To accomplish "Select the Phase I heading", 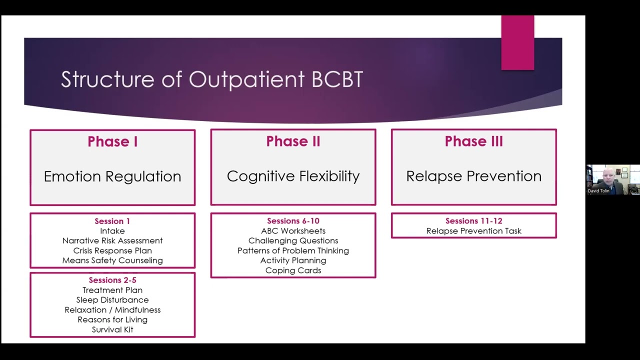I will (112, 141).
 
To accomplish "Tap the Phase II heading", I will (293, 141).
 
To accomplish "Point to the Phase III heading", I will (473, 141).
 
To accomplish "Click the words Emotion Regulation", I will (112, 176).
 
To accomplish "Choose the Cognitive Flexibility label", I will (293, 176).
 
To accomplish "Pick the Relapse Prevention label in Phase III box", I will (473, 176).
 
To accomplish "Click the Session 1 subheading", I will (112, 221).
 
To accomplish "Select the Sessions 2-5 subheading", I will (112, 280).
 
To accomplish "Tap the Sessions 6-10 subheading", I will (293, 221).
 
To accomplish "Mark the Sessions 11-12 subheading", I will (473, 221).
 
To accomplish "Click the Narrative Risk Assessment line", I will (112, 240).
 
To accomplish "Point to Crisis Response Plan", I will (112, 250).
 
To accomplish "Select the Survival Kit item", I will (112, 329).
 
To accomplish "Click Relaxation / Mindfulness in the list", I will (112, 310).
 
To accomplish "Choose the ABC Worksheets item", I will (293, 231).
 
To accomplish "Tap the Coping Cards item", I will (293, 270).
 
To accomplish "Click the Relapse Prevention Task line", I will (473, 231).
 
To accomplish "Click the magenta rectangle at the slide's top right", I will (517, 42).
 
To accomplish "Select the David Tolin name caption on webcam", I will (599, 191).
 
